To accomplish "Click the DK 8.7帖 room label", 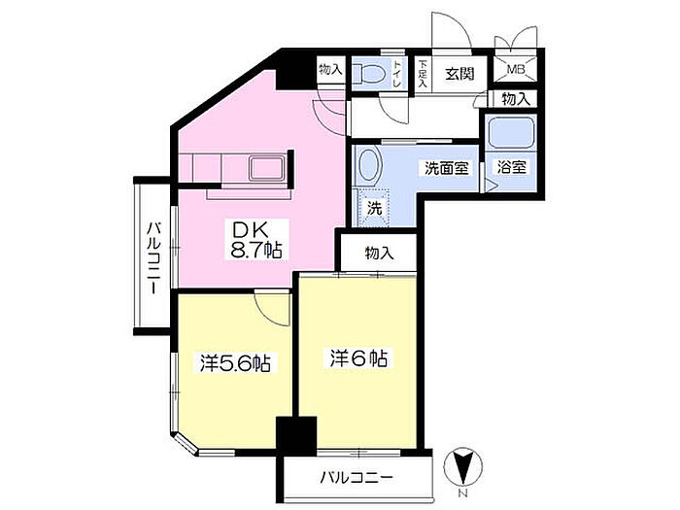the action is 256,239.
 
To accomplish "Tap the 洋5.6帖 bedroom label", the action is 235,363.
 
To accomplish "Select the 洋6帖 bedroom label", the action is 358,358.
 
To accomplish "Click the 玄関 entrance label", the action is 459,74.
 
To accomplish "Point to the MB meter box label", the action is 515,69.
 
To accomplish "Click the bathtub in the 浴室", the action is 510,132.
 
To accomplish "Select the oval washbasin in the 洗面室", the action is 369,165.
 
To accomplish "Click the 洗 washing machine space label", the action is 374,209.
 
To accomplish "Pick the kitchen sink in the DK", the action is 266,168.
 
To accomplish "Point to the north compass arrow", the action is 462,467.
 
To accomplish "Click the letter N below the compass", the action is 463,493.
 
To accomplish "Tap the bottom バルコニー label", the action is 357,478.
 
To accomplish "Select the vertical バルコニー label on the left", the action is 153,258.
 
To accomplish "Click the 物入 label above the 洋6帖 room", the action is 379,253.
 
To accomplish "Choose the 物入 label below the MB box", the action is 516,99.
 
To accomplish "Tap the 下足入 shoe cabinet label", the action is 423,74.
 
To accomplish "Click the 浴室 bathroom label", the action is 511,167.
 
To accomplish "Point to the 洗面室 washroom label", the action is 447,168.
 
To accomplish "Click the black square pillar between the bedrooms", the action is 296,436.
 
